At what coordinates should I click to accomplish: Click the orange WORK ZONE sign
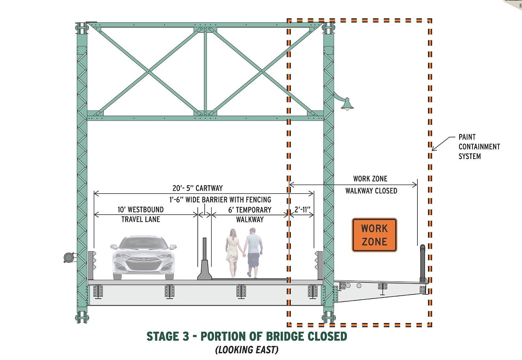[374, 235]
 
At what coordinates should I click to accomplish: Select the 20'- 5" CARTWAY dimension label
[198, 188]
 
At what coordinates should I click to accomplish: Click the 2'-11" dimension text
[302, 209]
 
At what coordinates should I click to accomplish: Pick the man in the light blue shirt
[253, 253]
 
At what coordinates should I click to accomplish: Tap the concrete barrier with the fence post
[205, 259]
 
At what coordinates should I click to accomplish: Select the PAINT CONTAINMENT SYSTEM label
[479, 147]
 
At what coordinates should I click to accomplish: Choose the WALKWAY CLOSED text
[371, 191]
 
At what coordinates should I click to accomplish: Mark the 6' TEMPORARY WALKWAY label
[250, 214]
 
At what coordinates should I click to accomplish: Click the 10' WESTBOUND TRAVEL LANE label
[140, 214]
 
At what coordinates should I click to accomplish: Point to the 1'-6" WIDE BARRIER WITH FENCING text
[220, 200]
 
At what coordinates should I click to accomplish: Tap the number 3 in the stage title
[186, 336]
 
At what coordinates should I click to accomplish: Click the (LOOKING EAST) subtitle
[247, 350]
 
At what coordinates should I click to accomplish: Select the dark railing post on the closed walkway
[423, 264]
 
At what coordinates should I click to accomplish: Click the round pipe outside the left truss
[68, 257]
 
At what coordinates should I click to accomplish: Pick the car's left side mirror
[114, 246]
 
